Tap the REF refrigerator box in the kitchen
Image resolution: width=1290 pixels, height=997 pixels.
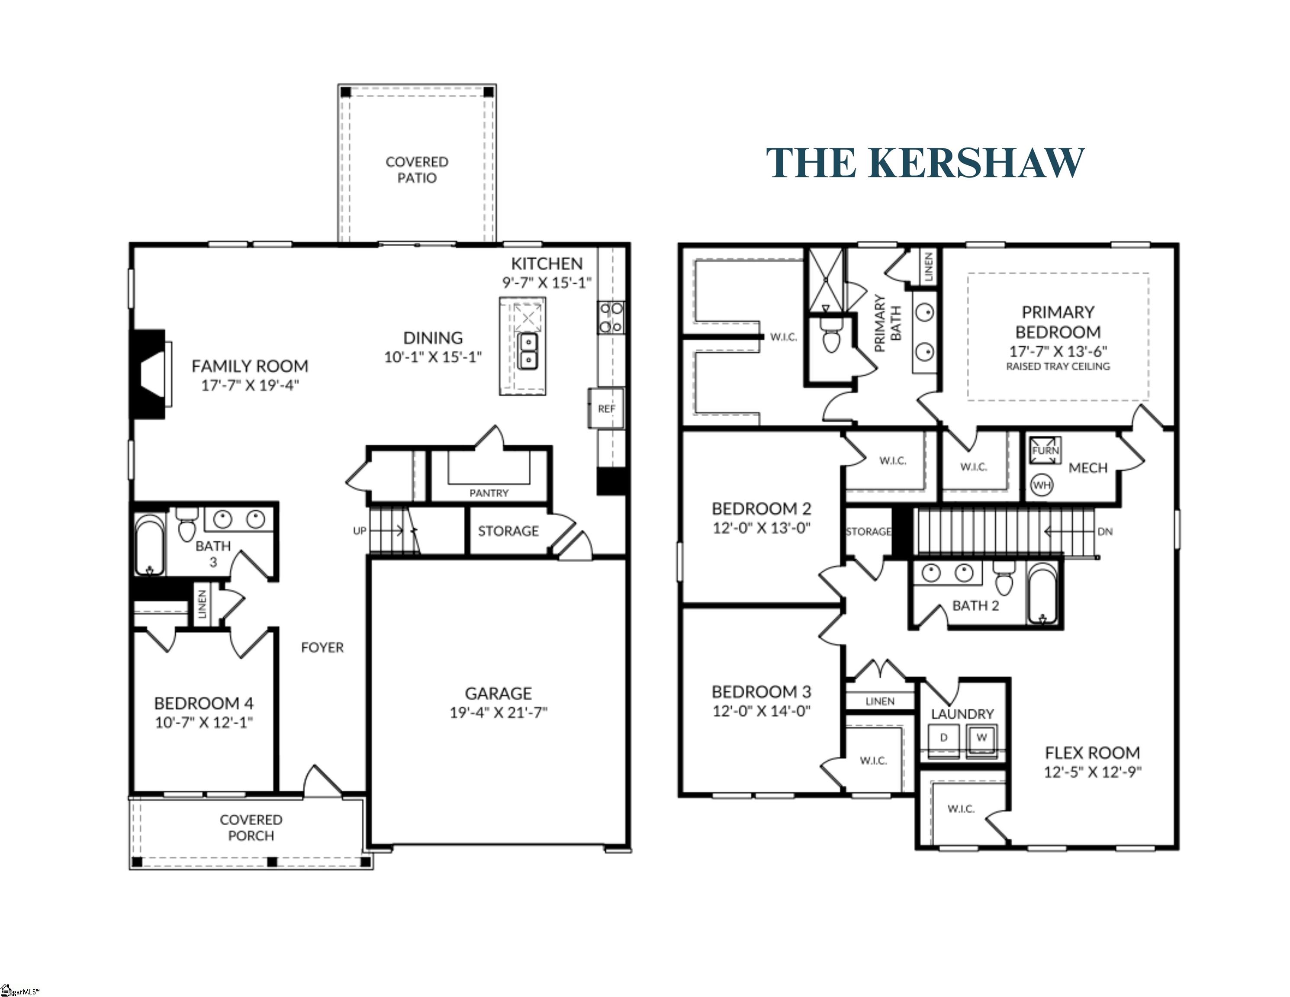click(606, 408)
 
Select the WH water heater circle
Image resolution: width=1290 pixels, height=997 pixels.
click(1042, 486)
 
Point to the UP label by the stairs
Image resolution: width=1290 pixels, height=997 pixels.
click(360, 531)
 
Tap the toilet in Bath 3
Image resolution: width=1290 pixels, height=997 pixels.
click(186, 524)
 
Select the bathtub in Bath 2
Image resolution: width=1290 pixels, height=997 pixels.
click(1042, 592)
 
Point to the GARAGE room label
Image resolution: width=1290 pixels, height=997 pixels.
click(498, 693)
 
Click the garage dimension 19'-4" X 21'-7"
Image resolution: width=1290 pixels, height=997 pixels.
click(499, 713)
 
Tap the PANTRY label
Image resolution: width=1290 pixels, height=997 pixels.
click(489, 492)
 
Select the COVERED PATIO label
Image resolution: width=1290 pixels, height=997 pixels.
click(417, 170)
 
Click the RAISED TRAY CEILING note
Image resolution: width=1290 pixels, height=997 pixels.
click(1058, 366)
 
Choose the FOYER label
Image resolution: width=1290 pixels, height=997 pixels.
click(322, 647)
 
